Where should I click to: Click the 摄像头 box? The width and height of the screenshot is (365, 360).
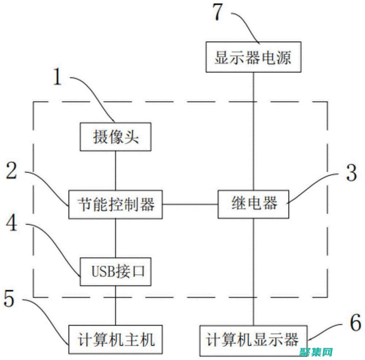(116, 137)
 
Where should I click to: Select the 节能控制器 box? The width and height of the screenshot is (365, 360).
(116, 204)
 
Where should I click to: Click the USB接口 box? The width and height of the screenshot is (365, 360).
(116, 271)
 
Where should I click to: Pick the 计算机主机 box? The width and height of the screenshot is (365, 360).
(116, 340)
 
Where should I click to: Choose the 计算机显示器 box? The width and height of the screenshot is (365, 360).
(253, 340)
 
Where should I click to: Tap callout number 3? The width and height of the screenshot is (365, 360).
(351, 173)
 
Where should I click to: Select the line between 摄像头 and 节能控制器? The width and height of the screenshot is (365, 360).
(116, 170)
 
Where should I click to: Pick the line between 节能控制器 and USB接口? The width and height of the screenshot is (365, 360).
(116, 238)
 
